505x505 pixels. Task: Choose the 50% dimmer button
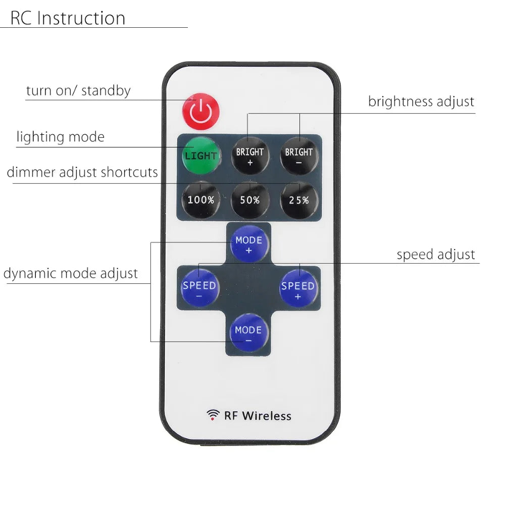(x=250, y=200)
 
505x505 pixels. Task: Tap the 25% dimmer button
(x=299, y=200)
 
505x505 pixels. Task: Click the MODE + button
(x=249, y=244)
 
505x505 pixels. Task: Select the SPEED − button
(x=199, y=288)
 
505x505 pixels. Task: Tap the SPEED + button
(x=298, y=288)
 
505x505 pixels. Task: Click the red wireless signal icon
(x=213, y=415)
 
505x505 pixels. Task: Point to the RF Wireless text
(x=258, y=416)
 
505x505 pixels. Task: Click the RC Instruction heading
(x=68, y=18)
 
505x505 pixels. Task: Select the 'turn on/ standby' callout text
(x=78, y=90)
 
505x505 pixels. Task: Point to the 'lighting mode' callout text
(x=61, y=137)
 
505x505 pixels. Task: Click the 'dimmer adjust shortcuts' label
(x=82, y=172)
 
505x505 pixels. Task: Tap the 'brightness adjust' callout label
(x=421, y=102)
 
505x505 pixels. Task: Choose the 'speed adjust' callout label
(x=436, y=255)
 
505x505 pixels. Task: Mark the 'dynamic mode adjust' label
(x=71, y=273)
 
